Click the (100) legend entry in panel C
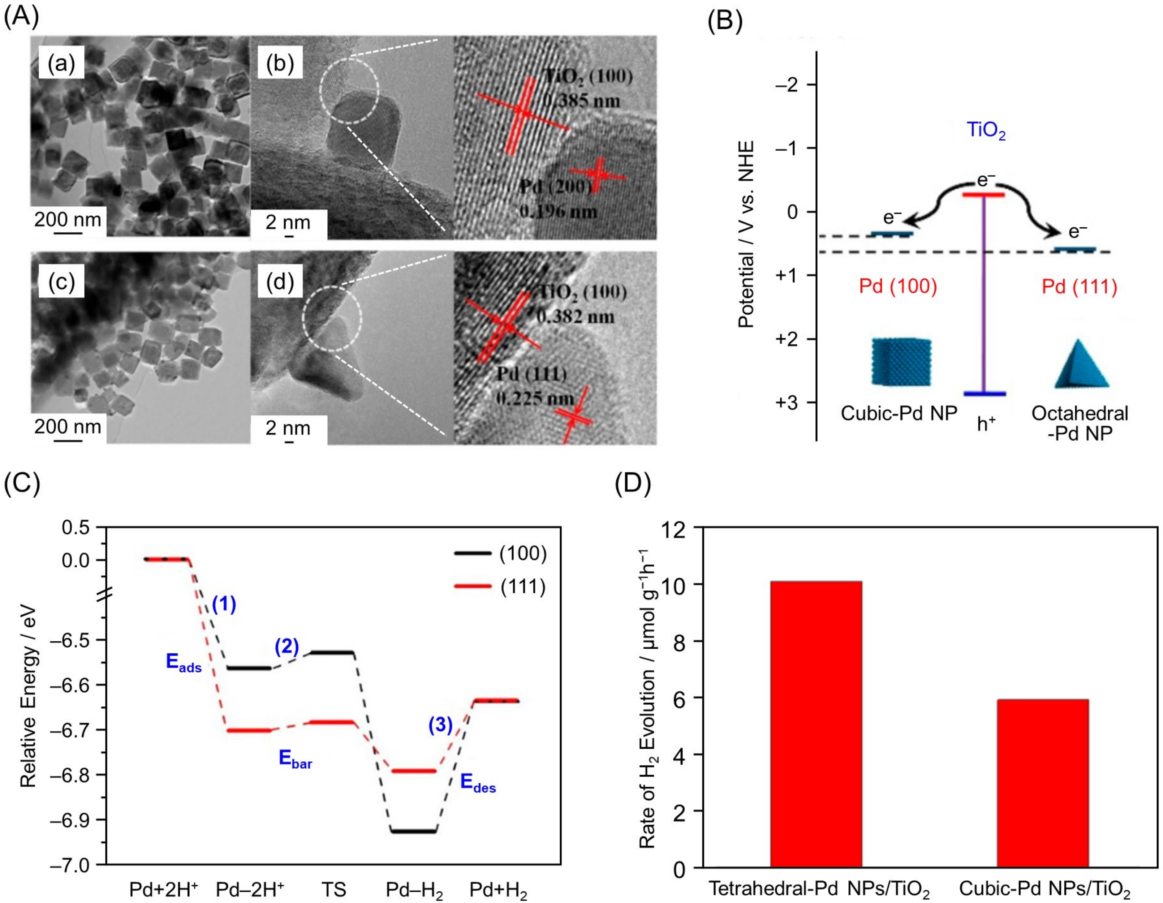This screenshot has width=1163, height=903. (500, 553)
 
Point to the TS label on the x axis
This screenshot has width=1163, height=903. (334, 889)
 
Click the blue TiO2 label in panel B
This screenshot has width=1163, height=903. (986, 130)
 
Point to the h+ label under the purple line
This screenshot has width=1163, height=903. (986, 423)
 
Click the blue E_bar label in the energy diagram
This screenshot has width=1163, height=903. (296, 759)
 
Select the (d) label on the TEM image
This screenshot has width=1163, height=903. (280, 282)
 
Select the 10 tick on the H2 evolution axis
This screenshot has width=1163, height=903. (673, 584)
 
